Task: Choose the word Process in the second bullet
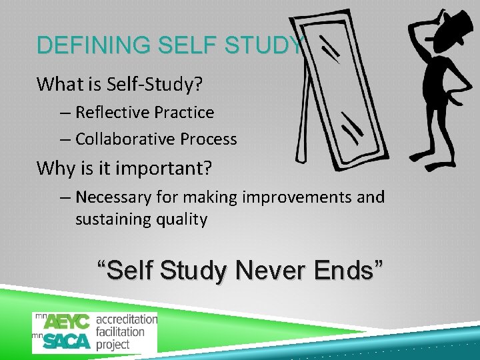209,139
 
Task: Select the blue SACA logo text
67,341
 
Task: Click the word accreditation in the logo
127,319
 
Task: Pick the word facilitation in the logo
120,331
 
